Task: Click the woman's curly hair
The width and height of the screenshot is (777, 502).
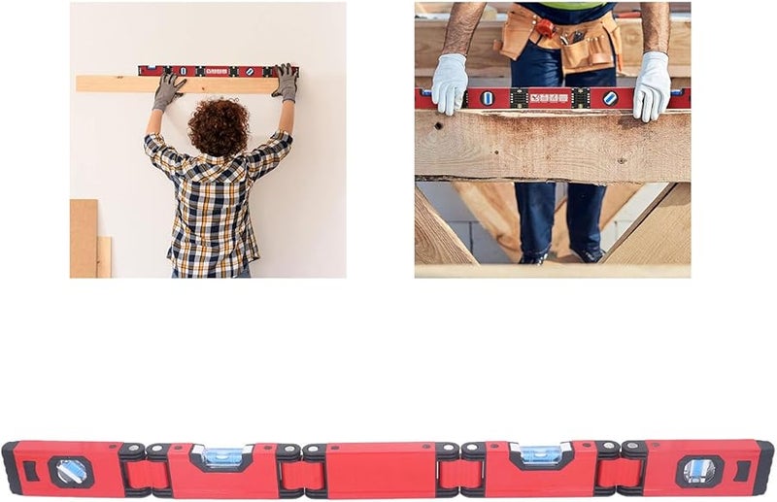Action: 218,126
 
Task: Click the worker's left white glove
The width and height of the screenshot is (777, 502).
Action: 450,83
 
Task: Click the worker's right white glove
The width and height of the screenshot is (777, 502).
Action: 652,85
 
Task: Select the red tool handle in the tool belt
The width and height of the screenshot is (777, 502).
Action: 546,27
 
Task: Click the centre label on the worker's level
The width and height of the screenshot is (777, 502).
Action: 549,98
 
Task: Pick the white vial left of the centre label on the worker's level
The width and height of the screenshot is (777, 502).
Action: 488,98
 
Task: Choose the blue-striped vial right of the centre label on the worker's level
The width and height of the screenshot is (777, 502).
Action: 610,98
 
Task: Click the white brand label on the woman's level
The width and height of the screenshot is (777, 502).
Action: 216,71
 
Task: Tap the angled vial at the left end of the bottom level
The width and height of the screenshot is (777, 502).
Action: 71,471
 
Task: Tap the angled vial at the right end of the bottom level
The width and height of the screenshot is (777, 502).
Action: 698,471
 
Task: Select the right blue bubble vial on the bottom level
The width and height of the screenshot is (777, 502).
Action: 541,454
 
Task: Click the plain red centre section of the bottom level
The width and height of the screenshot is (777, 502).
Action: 381,469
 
